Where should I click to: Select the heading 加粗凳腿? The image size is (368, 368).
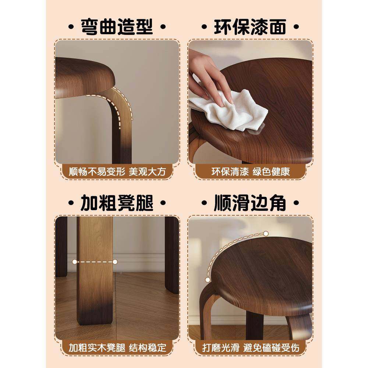[117, 202]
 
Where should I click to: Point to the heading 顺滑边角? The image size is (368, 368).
[250, 202]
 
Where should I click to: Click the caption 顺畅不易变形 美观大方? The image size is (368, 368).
[117, 172]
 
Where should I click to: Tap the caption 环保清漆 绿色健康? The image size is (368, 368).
[250, 172]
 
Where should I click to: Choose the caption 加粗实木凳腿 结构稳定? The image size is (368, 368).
[117, 347]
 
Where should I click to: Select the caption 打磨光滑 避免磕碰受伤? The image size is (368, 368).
[250, 347]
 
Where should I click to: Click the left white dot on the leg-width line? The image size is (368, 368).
[75, 262]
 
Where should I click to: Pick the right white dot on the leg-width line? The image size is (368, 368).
[115, 262]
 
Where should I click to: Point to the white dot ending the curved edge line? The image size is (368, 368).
[266, 233]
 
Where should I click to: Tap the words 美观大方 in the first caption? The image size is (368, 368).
[147, 172]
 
